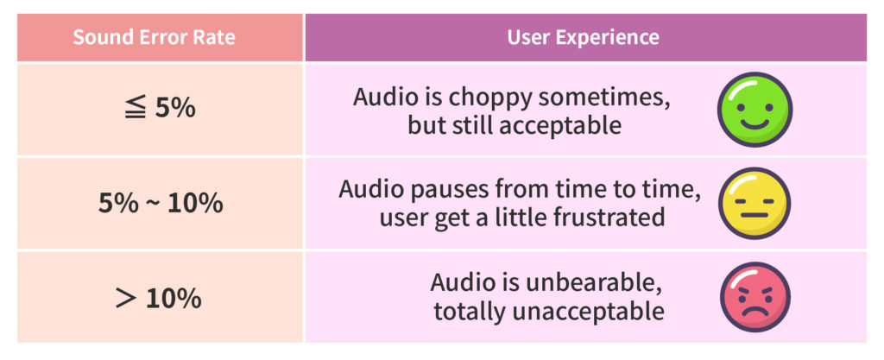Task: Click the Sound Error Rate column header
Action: tap(154, 38)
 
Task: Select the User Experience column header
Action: tap(583, 38)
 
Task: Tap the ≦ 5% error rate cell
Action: tap(160, 109)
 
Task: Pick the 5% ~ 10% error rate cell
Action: tap(160, 204)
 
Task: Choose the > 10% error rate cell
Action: tap(160, 298)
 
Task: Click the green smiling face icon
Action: tap(755, 110)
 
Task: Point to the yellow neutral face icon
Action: tap(755, 204)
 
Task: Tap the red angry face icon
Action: tap(755, 297)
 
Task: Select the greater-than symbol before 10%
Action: tap(127, 299)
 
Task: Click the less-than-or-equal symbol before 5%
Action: tap(136, 108)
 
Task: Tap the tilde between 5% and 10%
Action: tap(152, 204)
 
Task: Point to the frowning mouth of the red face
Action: tap(755, 312)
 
